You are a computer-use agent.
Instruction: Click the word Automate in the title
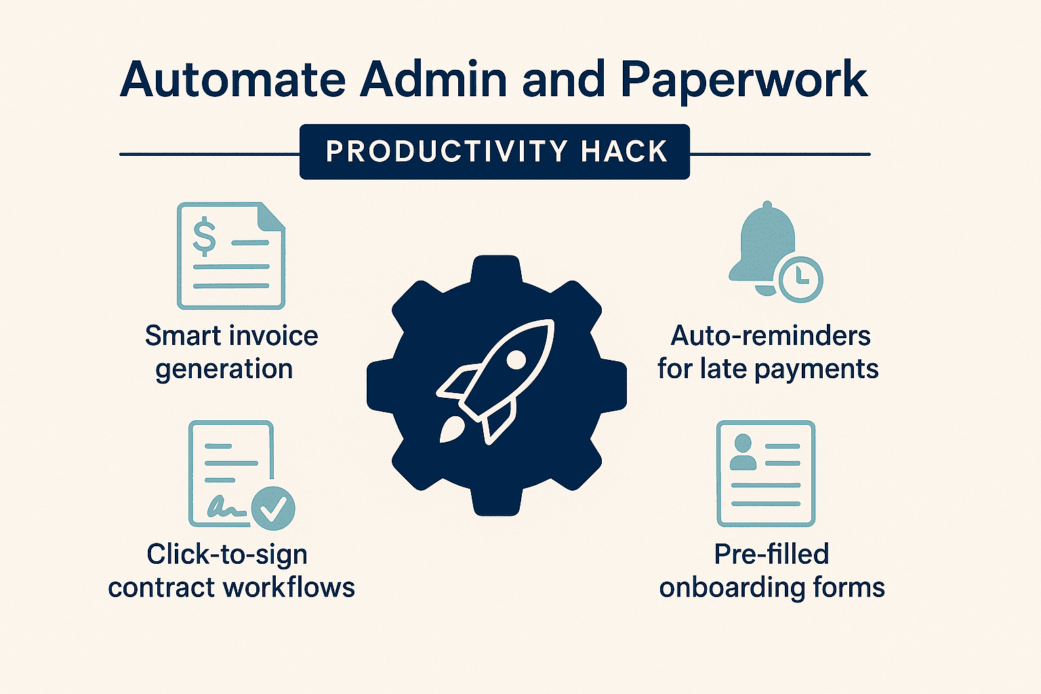(233, 79)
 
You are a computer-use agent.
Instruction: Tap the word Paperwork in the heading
(743, 81)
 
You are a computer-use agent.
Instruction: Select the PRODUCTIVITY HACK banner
(495, 152)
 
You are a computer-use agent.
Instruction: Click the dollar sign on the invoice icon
(205, 237)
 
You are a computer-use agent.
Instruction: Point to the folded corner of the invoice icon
(271, 216)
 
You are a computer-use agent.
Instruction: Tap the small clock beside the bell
(800, 280)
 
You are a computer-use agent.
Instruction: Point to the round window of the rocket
(516, 359)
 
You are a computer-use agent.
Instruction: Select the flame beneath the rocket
(450, 430)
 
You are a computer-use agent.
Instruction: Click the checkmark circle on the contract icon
(273, 508)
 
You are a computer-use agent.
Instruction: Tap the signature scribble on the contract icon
(226, 507)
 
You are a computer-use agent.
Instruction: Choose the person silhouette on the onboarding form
(743, 452)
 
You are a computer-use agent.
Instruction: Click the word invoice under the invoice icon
(274, 335)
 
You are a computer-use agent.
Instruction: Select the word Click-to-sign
(227, 555)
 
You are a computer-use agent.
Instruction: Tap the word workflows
(289, 587)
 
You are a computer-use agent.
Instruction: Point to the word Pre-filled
(771, 554)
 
